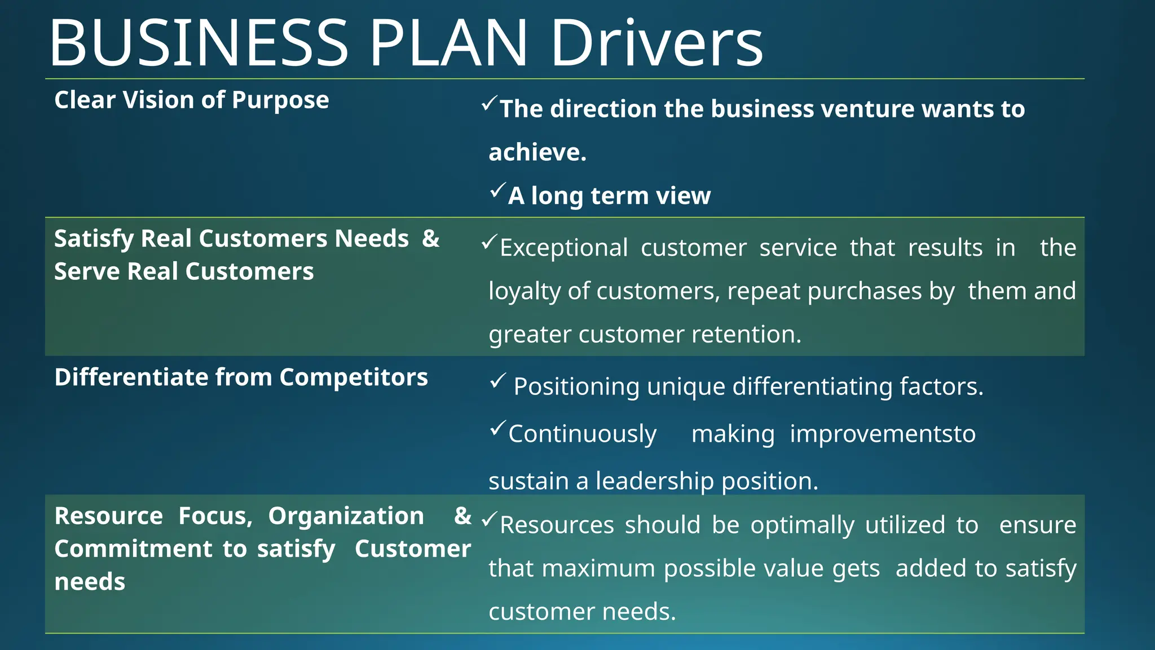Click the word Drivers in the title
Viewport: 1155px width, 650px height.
coord(656,43)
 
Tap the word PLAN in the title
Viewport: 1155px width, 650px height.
coord(448,43)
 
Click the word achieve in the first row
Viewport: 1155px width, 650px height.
coord(536,152)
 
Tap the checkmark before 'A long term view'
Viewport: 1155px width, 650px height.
coord(497,191)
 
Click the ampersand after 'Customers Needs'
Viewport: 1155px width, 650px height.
coord(431,239)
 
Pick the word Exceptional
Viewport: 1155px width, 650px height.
coord(563,248)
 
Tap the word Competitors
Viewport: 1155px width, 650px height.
coord(354,377)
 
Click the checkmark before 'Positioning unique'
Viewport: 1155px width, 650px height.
coord(498,381)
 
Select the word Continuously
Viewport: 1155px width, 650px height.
coord(583,434)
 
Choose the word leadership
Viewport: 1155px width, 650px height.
coord(655,481)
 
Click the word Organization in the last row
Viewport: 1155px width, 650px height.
coord(346,516)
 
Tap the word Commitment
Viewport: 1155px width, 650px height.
coord(133,549)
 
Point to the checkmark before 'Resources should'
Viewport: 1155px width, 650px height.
coord(489,519)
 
